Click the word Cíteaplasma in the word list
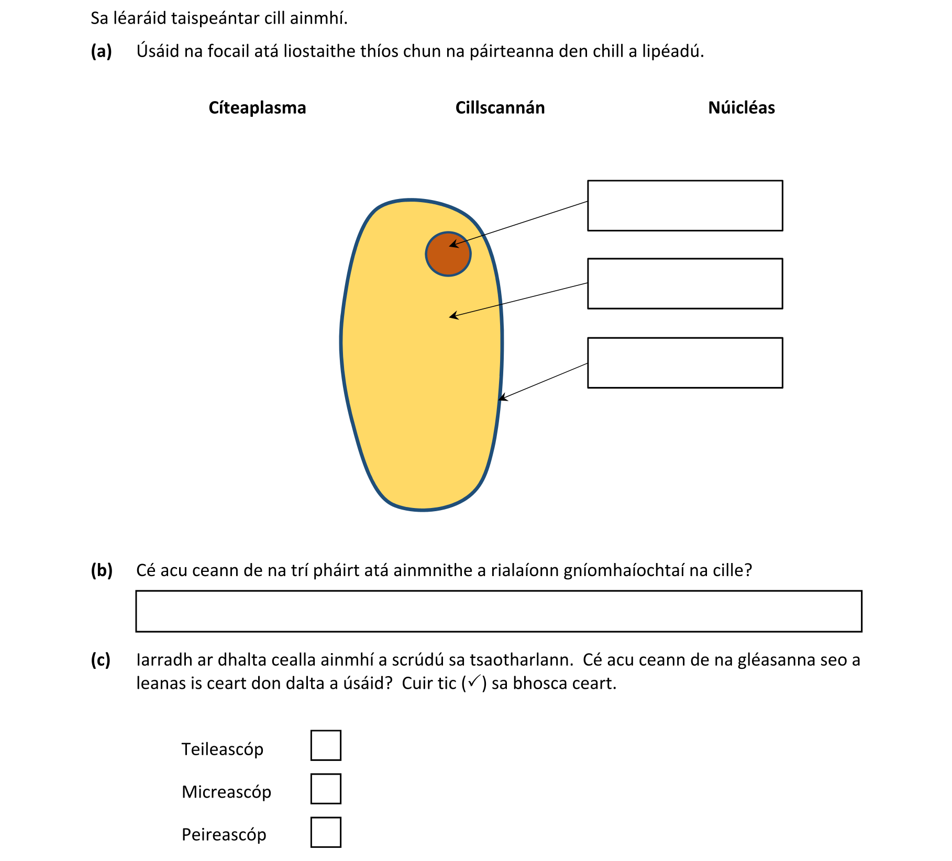(257, 108)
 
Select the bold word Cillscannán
(500, 108)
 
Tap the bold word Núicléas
(741, 108)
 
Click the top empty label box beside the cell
(685, 206)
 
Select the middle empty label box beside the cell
(685, 284)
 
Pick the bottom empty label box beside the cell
(685, 363)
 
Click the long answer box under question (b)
(499, 611)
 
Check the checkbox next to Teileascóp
(326, 745)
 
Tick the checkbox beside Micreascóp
(326, 789)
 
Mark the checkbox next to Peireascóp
(326, 832)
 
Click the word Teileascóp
(223, 749)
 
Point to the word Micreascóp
(226, 792)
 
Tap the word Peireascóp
(224, 834)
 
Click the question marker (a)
(101, 51)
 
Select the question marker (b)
(102, 570)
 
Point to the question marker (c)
(101, 660)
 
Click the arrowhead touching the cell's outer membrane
(502, 399)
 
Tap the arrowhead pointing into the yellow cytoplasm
(453, 316)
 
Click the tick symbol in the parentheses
(474, 681)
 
